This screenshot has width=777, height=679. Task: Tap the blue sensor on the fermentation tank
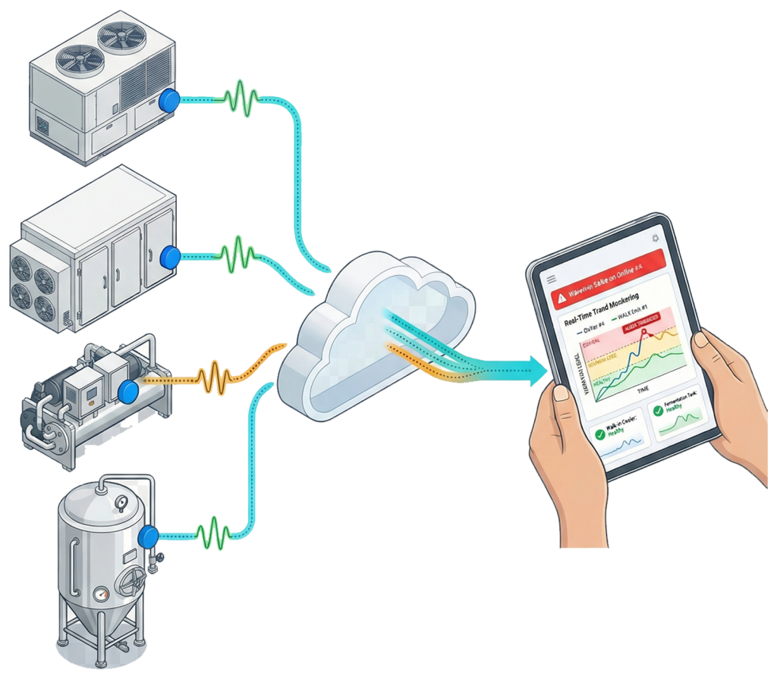149,535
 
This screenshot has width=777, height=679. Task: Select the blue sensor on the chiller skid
127,390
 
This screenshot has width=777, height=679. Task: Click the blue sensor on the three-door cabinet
171,258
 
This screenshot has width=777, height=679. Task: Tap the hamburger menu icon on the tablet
552,279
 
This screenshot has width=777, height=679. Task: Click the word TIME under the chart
642,389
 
